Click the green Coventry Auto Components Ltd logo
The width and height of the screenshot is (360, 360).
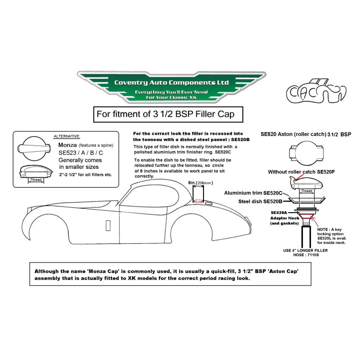pyautogui.click(x=171, y=87)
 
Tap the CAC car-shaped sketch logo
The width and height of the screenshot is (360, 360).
pyautogui.click(x=316, y=91)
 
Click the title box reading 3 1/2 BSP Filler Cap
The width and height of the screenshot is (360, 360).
pyautogui.click(x=168, y=114)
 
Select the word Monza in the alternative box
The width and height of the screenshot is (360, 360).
pyautogui.click(x=67, y=145)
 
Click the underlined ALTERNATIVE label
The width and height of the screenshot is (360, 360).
pyautogui.click(x=67, y=136)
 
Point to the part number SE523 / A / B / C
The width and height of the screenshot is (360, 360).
pyautogui.click(x=81, y=153)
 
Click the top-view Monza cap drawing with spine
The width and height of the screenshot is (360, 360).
pyautogui.click(x=34, y=148)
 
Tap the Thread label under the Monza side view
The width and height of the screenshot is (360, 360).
pyautogui.click(x=36, y=180)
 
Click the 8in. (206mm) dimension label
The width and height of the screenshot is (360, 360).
pyautogui.click(x=201, y=183)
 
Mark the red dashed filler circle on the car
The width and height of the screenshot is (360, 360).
pyautogui.click(x=198, y=201)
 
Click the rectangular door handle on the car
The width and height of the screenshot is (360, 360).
pyautogui.click(x=108, y=226)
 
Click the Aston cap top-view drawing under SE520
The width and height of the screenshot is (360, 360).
pyautogui.click(x=306, y=153)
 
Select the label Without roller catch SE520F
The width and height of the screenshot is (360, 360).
pyautogui.click(x=301, y=172)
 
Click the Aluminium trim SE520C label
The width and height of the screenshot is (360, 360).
pyautogui.click(x=253, y=193)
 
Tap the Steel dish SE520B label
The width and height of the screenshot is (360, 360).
pyautogui.click(x=260, y=201)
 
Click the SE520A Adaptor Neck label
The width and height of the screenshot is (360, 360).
pyautogui.click(x=285, y=218)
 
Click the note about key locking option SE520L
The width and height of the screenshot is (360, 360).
pyautogui.click(x=332, y=236)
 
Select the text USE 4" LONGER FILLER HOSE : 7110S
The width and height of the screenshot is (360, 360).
pyautogui.click(x=306, y=252)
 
